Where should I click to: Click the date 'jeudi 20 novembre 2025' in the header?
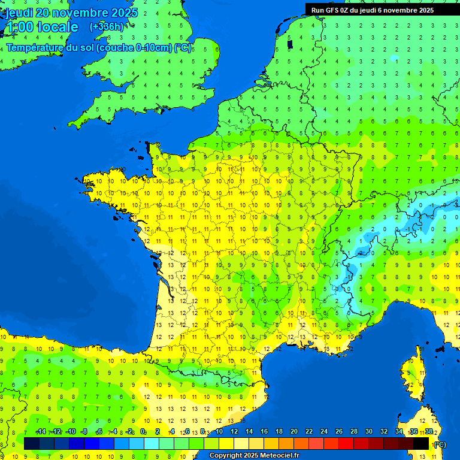(x=72, y=13)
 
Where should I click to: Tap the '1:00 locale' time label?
(x=42, y=27)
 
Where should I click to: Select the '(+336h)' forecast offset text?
(x=107, y=27)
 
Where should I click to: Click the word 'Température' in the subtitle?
(x=36, y=48)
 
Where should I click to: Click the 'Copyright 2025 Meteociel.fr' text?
(x=254, y=456)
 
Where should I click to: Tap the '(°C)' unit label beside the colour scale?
(x=439, y=444)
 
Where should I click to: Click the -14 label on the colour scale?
(x=41, y=432)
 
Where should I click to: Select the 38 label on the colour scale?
(x=429, y=432)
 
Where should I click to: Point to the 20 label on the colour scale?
(x=293, y=432)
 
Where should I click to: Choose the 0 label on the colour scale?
(x=143, y=432)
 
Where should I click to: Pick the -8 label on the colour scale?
(x=84, y=432)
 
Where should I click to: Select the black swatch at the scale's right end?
(x=421, y=443)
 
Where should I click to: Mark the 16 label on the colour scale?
(x=264, y=432)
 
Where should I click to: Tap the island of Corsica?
(x=413, y=377)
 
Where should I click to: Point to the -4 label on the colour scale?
(x=114, y=432)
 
